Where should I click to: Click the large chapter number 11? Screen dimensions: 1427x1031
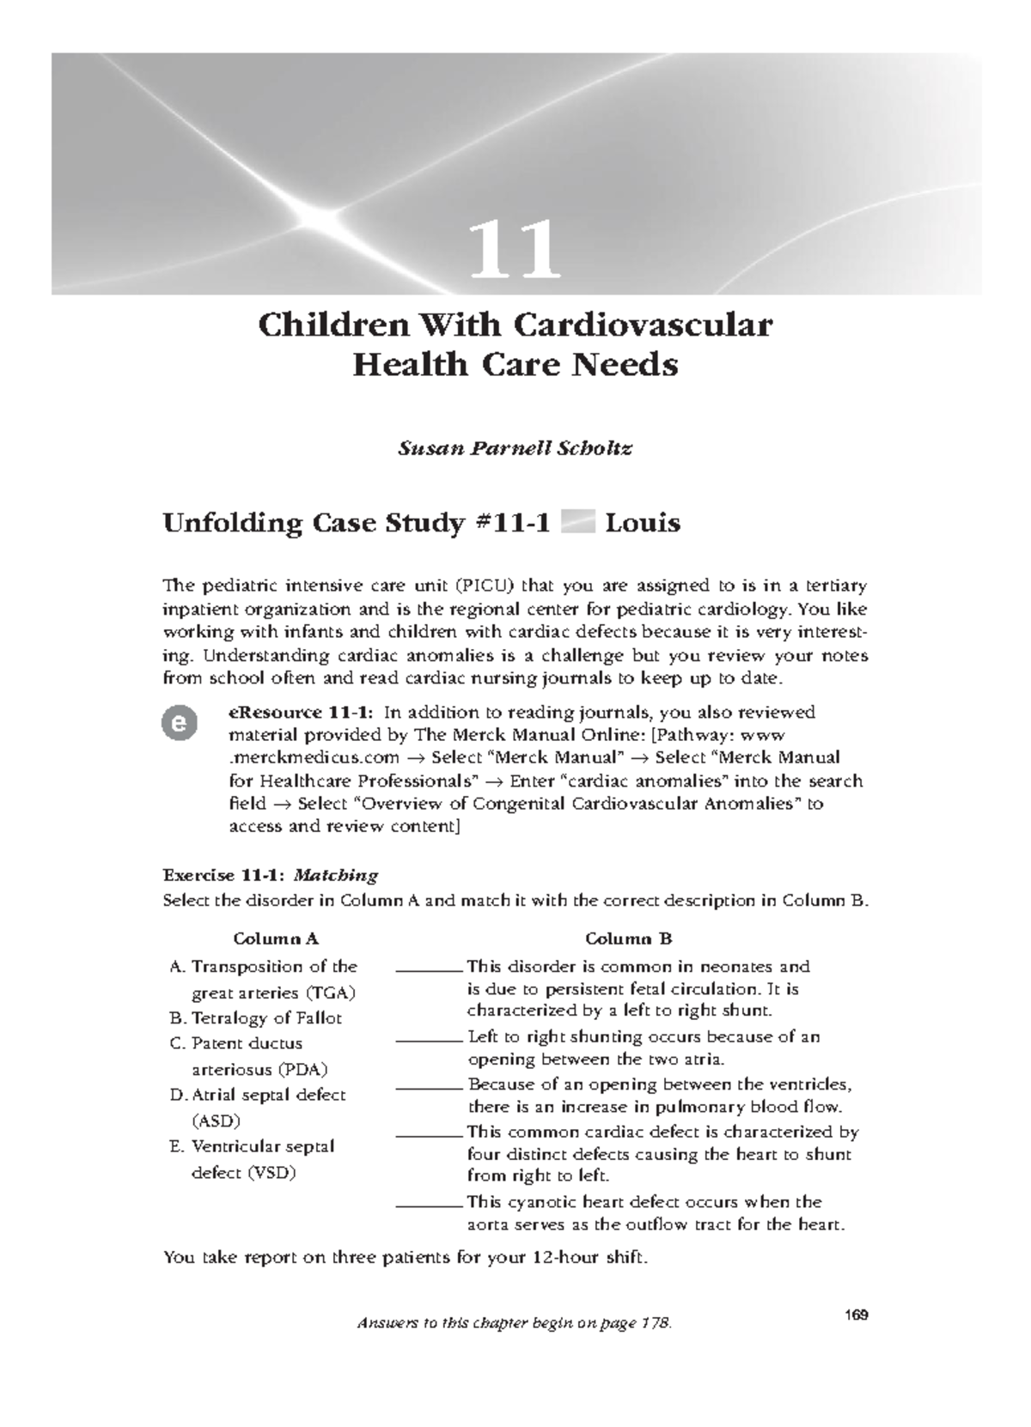click(515, 251)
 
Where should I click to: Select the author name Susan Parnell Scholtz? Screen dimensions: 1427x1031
click(515, 448)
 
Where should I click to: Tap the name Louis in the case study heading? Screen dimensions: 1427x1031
click(643, 523)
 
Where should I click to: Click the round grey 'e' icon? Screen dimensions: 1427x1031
click(180, 723)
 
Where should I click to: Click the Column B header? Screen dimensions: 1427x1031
click(628, 938)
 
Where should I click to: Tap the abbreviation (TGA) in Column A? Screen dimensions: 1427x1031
click(330, 993)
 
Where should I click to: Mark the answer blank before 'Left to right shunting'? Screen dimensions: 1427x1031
click(430, 1041)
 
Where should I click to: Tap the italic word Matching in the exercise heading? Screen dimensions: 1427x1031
click(335, 876)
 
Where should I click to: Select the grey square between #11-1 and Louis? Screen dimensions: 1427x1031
click(577, 523)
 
